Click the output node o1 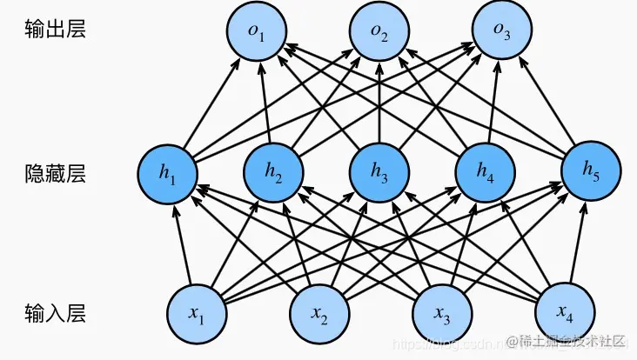click(257, 31)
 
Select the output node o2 click(379, 31)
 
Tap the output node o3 click(502, 31)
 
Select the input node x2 click(318, 312)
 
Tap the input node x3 click(441, 312)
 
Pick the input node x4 click(564, 312)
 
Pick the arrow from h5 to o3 click(547, 101)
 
